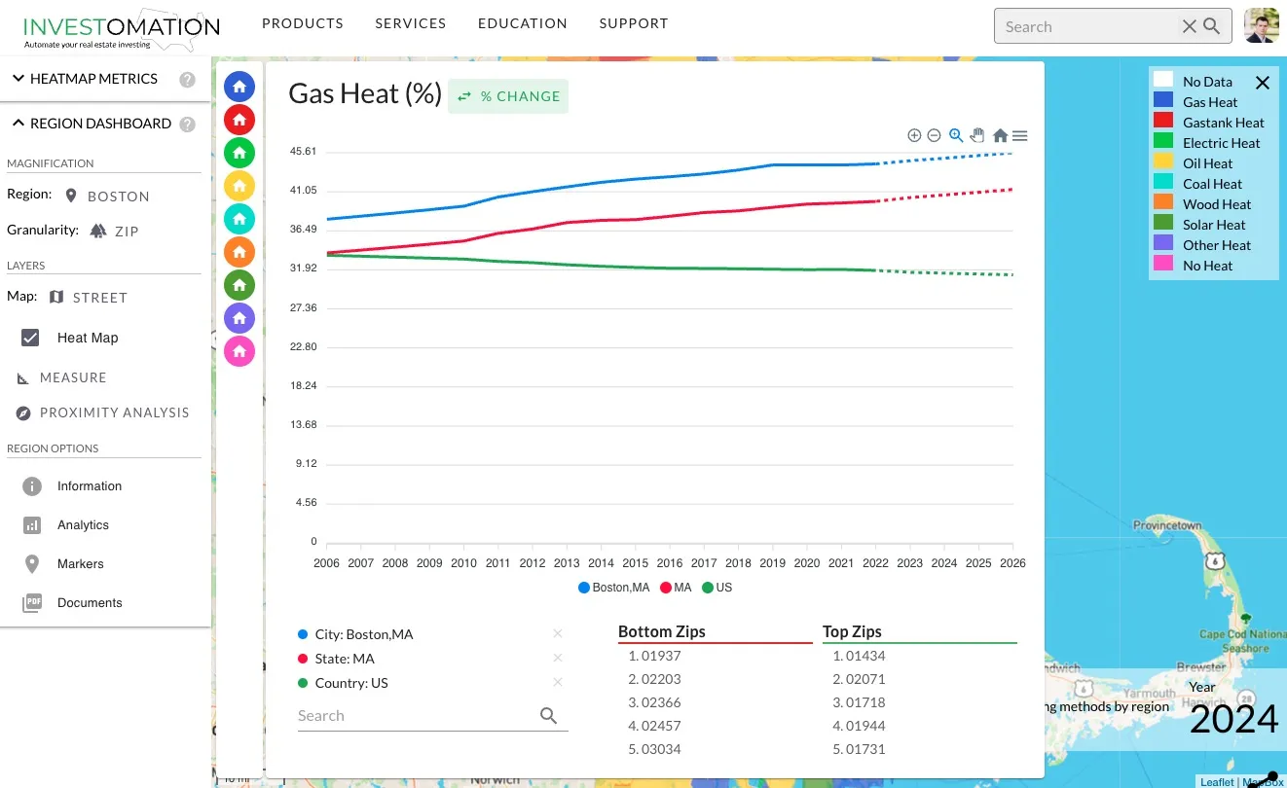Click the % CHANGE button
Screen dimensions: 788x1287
click(508, 96)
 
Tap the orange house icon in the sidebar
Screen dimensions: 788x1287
click(239, 251)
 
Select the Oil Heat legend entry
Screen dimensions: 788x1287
click(1207, 163)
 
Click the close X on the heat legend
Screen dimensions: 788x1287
click(1263, 83)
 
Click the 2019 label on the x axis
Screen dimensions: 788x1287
click(772, 563)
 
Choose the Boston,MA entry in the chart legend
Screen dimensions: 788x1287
click(614, 588)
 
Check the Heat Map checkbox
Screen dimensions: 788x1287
click(30, 338)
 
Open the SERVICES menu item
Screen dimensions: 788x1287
click(410, 23)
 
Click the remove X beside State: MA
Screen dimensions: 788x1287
click(558, 659)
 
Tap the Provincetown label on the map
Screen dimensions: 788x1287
click(1167, 525)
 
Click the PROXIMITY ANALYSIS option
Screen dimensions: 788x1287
click(114, 412)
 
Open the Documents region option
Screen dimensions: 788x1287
click(89, 603)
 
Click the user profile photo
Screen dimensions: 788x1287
click(1262, 26)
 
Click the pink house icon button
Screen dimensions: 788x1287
click(239, 351)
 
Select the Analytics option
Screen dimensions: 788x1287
click(83, 525)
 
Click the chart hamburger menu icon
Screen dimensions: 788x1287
click(1020, 136)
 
